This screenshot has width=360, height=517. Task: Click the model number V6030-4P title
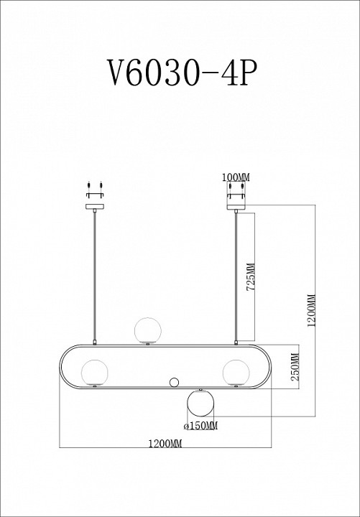pos(179,72)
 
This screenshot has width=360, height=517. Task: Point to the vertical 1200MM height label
pos(310,311)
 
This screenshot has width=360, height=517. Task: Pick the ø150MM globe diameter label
pos(200,427)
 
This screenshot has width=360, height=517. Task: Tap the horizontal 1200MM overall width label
pos(165,444)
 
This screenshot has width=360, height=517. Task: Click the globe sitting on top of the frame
pos(148,330)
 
